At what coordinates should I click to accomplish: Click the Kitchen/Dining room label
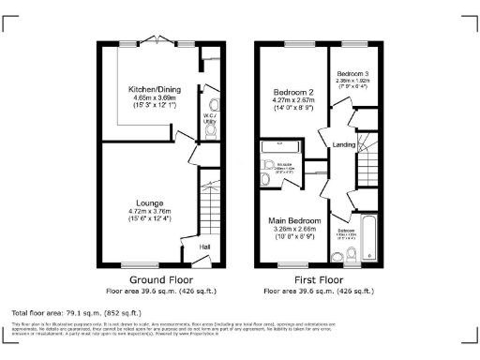click(x=155, y=89)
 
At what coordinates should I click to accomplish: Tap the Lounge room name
click(x=149, y=203)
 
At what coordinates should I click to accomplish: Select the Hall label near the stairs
click(x=205, y=247)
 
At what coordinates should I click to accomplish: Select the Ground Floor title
click(x=155, y=279)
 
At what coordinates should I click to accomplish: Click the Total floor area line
click(x=76, y=311)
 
